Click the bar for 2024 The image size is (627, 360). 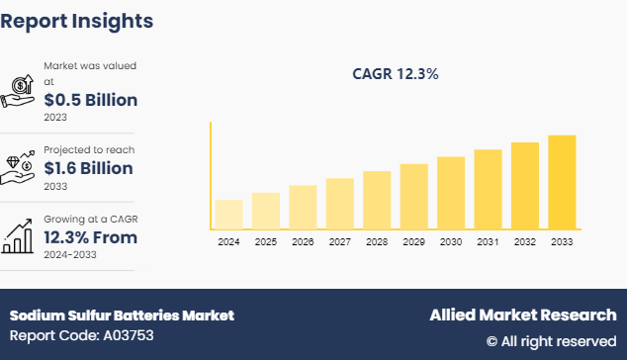click(228, 214)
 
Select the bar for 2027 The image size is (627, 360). click(339, 203)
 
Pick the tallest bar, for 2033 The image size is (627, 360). click(562, 181)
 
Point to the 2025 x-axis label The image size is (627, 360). click(265, 241)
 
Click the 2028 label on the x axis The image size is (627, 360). click(377, 241)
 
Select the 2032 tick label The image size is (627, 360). click(525, 241)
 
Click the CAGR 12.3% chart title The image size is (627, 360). click(396, 73)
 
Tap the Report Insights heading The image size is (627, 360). click(77, 20)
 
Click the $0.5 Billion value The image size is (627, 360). click(90, 100)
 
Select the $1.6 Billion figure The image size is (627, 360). click(89, 168)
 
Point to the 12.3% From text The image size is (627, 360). click(90, 237)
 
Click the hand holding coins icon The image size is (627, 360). click(20, 91)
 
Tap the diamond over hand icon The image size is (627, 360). click(20, 164)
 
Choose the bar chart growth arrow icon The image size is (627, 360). click(20, 234)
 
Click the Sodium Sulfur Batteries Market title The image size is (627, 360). click(122, 315)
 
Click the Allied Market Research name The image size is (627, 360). click(522, 315)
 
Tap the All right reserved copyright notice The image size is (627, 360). click(551, 341)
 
